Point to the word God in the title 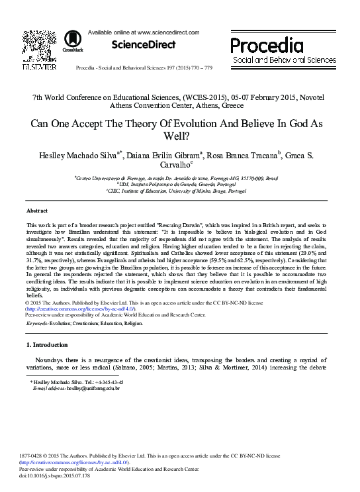[x=296, y=123]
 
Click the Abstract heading [x=37, y=211]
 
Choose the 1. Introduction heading [x=47, y=345]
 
